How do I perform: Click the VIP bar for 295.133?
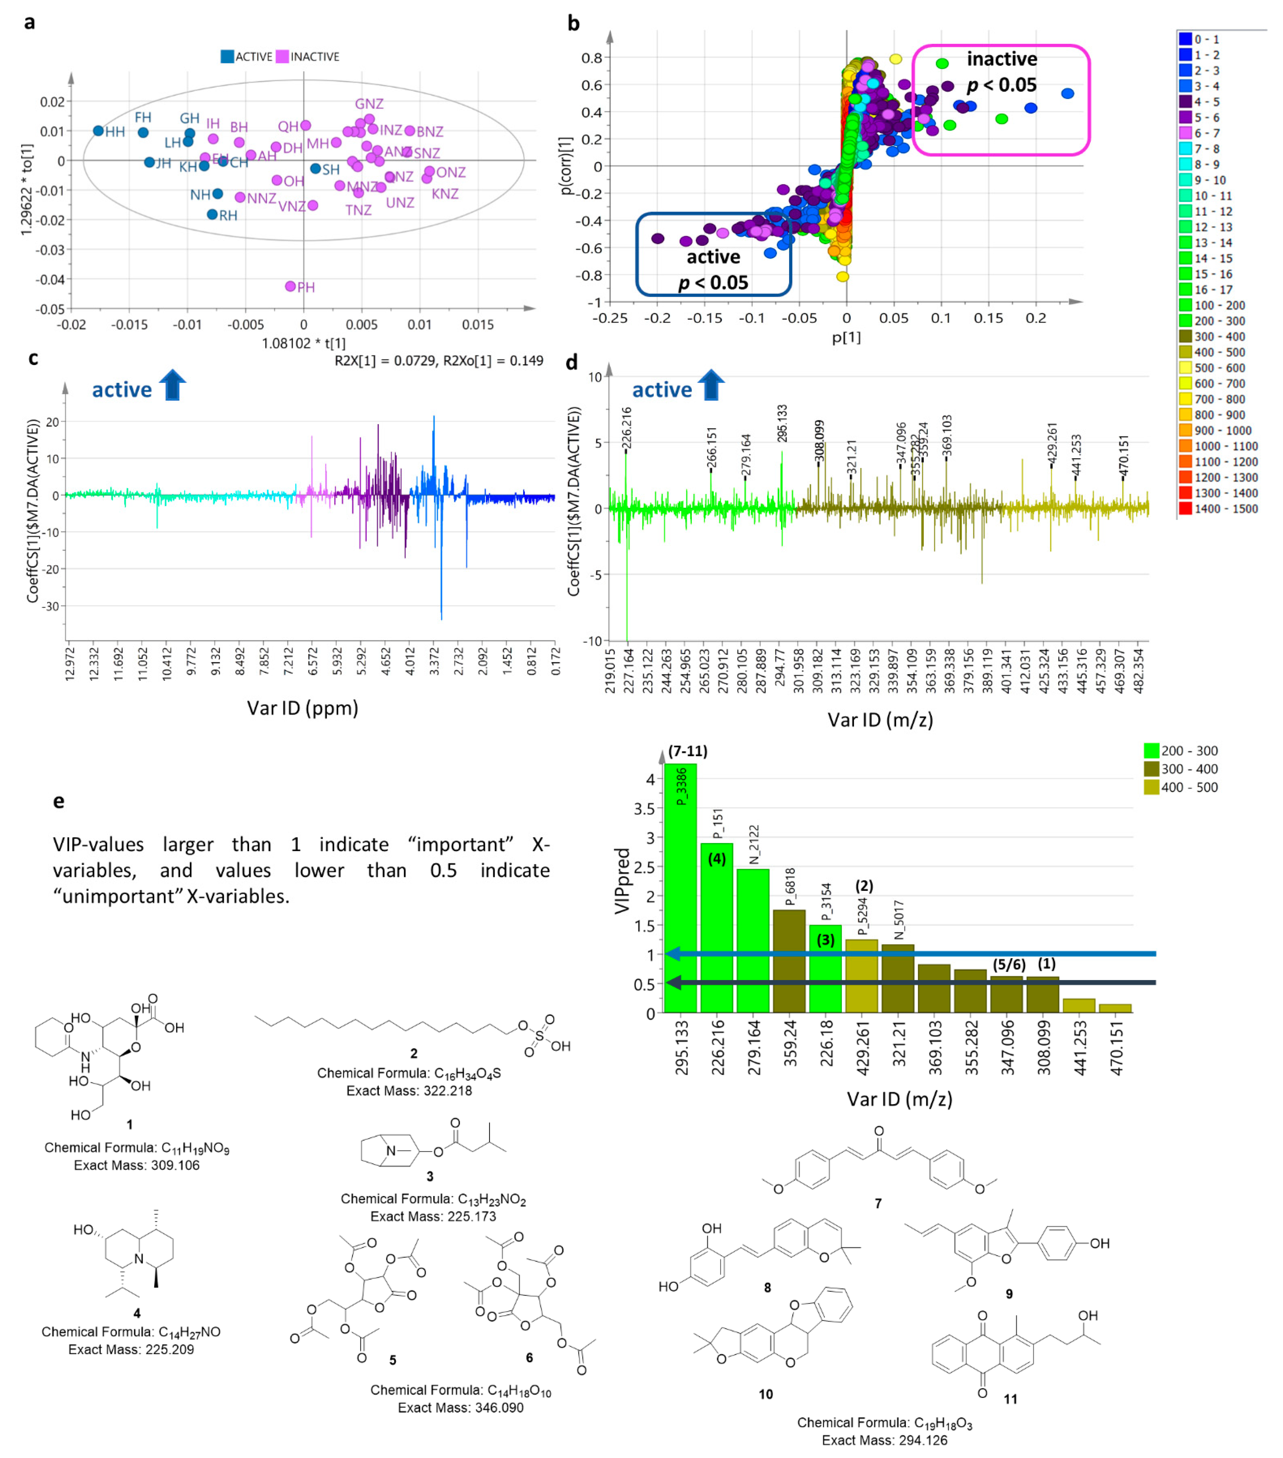tap(680, 888)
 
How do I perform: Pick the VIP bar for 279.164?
tap(753, 940)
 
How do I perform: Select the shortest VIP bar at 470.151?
tap(1115, 1008)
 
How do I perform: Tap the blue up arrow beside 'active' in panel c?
tap(172, 386)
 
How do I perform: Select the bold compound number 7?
tap(878, 1203)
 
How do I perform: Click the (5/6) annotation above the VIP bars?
tap(1008, 964)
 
